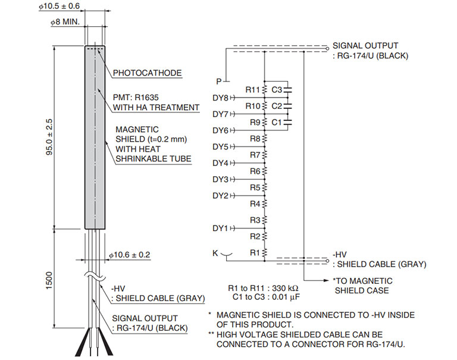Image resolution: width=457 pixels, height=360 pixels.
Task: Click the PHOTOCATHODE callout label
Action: click(x=147, y=73)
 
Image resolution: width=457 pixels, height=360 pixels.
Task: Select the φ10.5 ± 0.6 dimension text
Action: click(x=59, y=6)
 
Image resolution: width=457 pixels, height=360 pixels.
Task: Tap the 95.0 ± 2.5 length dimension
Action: click(x=49, y=137)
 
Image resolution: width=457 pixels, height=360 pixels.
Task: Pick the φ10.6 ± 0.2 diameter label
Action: click(x=130, y=255)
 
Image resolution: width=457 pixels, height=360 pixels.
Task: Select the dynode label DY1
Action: click(x=220, y=228)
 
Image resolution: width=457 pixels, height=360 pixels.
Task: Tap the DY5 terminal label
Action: click(x=220, y=146)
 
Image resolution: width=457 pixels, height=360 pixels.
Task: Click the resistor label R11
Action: click(x=253, y=89)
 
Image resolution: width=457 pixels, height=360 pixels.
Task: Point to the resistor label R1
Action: click(x=255, y=252)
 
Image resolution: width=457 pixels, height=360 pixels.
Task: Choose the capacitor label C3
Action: click(x=276, y=89)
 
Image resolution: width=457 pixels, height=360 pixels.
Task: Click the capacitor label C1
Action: click(x=276, y=122)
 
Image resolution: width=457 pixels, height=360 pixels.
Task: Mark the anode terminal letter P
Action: click(x=219, y=80)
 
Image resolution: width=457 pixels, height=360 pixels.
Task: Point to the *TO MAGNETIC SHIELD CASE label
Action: click(x=362, y=285)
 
